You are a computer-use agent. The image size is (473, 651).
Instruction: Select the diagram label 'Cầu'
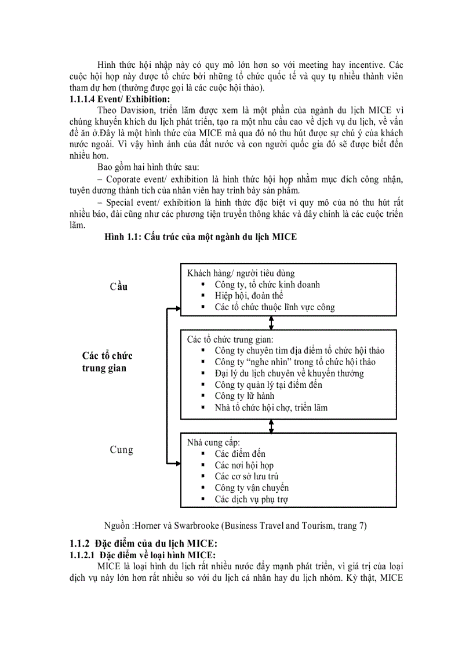118,286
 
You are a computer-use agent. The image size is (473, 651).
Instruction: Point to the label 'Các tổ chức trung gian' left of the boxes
107,361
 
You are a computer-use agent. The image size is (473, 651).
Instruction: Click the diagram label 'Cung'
121,449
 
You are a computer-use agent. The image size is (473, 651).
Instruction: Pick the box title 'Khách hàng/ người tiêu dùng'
241,273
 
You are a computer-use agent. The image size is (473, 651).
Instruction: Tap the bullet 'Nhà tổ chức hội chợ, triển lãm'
271,408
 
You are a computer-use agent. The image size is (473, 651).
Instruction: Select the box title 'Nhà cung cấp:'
213,442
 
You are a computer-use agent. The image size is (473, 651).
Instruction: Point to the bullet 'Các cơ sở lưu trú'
246,477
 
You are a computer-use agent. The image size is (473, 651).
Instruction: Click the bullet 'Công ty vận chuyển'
252,488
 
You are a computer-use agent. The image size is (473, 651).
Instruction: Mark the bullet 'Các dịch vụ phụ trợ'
251,499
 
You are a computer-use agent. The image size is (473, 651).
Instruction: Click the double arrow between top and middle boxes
271,323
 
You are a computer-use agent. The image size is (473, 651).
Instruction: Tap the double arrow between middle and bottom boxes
271,426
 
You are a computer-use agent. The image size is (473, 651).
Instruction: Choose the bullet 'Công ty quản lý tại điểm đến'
268,384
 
